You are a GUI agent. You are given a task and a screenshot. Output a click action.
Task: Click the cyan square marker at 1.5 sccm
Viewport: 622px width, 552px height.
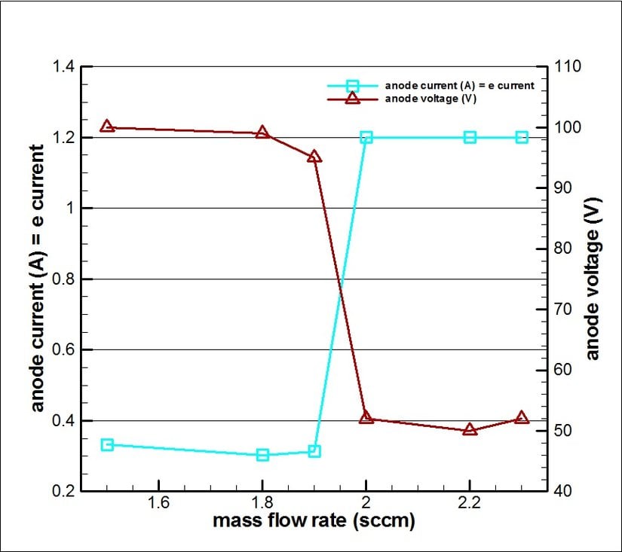pyautogui.click(x=107, y=445)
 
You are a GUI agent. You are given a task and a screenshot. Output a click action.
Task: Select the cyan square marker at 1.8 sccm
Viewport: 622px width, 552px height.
pyautogui.click(x=262, y=454)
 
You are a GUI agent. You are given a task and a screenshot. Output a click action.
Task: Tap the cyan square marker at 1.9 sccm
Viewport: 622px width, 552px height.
pyautogui.click(x=314, y=451)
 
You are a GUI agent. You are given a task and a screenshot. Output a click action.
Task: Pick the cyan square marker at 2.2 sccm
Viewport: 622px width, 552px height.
pyautogui.click(x=470, y=137)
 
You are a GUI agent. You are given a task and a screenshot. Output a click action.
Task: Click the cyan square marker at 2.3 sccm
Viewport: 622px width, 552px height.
pyautogui.click(x=522, y=137)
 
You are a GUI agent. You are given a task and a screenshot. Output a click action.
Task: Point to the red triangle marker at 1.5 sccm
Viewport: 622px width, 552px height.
pyautogui.click(x=107, y=127)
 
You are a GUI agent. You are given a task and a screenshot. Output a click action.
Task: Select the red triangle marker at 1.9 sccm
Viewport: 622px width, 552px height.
pyautogui.click(x=314, y=157)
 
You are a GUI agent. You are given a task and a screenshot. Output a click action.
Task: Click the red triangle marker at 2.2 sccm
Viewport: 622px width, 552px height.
pyautogui.click(x=470, y=430)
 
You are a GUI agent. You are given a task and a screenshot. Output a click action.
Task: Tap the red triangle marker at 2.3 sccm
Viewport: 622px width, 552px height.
pyautogui.click(x=522, y=418)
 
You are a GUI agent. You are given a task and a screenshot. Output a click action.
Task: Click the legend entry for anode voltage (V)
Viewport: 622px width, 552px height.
pyautogui.click(x=430, y=99)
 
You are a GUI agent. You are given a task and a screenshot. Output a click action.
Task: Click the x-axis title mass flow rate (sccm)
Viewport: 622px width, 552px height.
pyautogui.click(x=314, y=520)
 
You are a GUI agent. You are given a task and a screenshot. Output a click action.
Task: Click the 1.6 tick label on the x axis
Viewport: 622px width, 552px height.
pyautogui.click(x=158, y=502)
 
